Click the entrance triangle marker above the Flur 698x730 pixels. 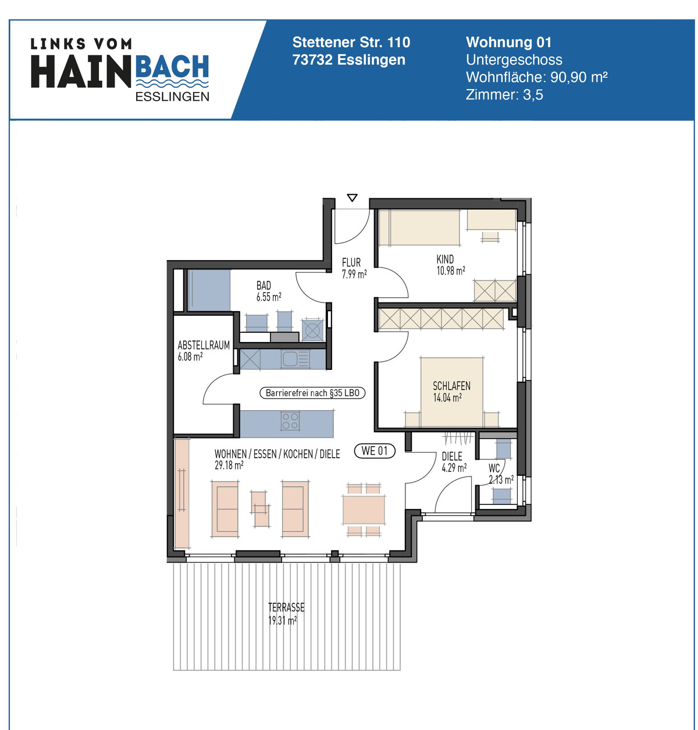(x=352, y=198)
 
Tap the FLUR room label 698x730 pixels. (x=351, y=262)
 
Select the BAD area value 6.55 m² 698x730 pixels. (x=269, y=297)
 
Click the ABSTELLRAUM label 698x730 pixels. (x=204, y=345)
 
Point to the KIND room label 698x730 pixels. (x=445, y=259)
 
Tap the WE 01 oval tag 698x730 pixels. (x=375, y=451)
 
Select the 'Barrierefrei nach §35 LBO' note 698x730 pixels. (x=312, y=393)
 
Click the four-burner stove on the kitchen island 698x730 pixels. (x=290, y=421)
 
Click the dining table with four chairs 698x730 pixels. (x=364, y=510)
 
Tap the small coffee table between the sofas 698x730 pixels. (x=261, y=509)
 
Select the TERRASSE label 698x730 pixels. (x=286, y=607)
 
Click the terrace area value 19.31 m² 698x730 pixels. (x=283, y=621)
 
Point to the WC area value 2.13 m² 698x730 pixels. (x=501, y=480)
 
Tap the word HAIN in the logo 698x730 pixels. (x=81, y=72)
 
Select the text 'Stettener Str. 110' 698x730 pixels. (x=351, y=42)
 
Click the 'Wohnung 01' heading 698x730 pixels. (x=508, y=42)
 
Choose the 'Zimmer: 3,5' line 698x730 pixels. (x=504, y=95)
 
